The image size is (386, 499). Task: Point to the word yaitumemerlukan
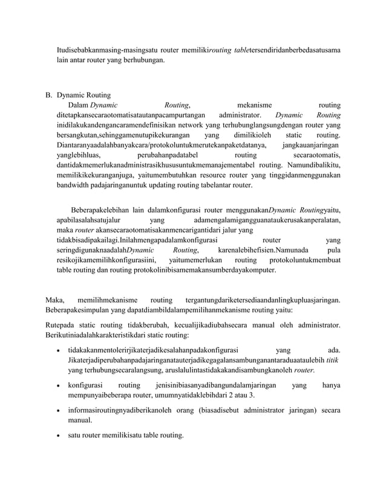tap(197, 260)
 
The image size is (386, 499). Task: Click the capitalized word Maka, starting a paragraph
tap(56, 299)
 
